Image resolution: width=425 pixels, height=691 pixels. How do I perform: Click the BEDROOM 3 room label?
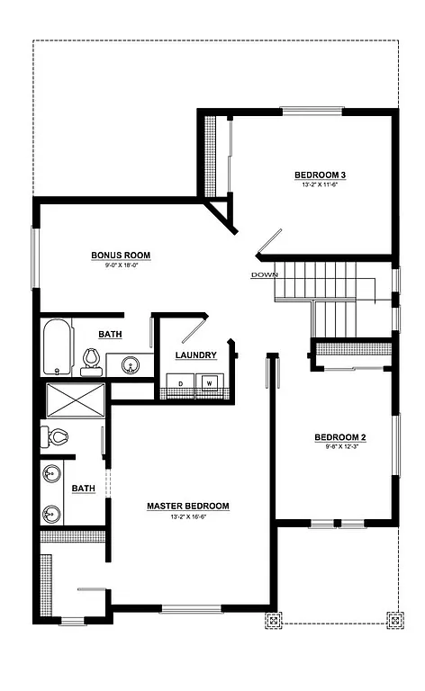coord(321,174)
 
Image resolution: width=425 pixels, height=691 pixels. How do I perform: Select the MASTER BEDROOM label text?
coord(188,507)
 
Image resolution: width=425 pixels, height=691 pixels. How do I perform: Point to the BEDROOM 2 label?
coord(339,438)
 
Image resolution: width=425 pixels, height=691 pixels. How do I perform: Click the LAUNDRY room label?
coord(195,355)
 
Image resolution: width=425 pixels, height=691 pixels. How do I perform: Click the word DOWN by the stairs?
coord(265,274)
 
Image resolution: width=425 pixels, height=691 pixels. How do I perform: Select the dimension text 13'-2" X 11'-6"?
coord(320,184)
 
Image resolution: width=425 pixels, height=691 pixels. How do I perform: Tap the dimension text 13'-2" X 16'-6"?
coord(188,517)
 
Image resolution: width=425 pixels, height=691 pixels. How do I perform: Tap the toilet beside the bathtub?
coord(90,361)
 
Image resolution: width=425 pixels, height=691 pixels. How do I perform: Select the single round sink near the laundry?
coord(129,365)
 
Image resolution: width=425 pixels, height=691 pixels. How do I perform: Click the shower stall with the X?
coord(76,399)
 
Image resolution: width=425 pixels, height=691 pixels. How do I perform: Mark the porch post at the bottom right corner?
coord(393,620)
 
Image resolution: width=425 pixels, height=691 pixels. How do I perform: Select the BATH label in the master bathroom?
coord(83,489)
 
